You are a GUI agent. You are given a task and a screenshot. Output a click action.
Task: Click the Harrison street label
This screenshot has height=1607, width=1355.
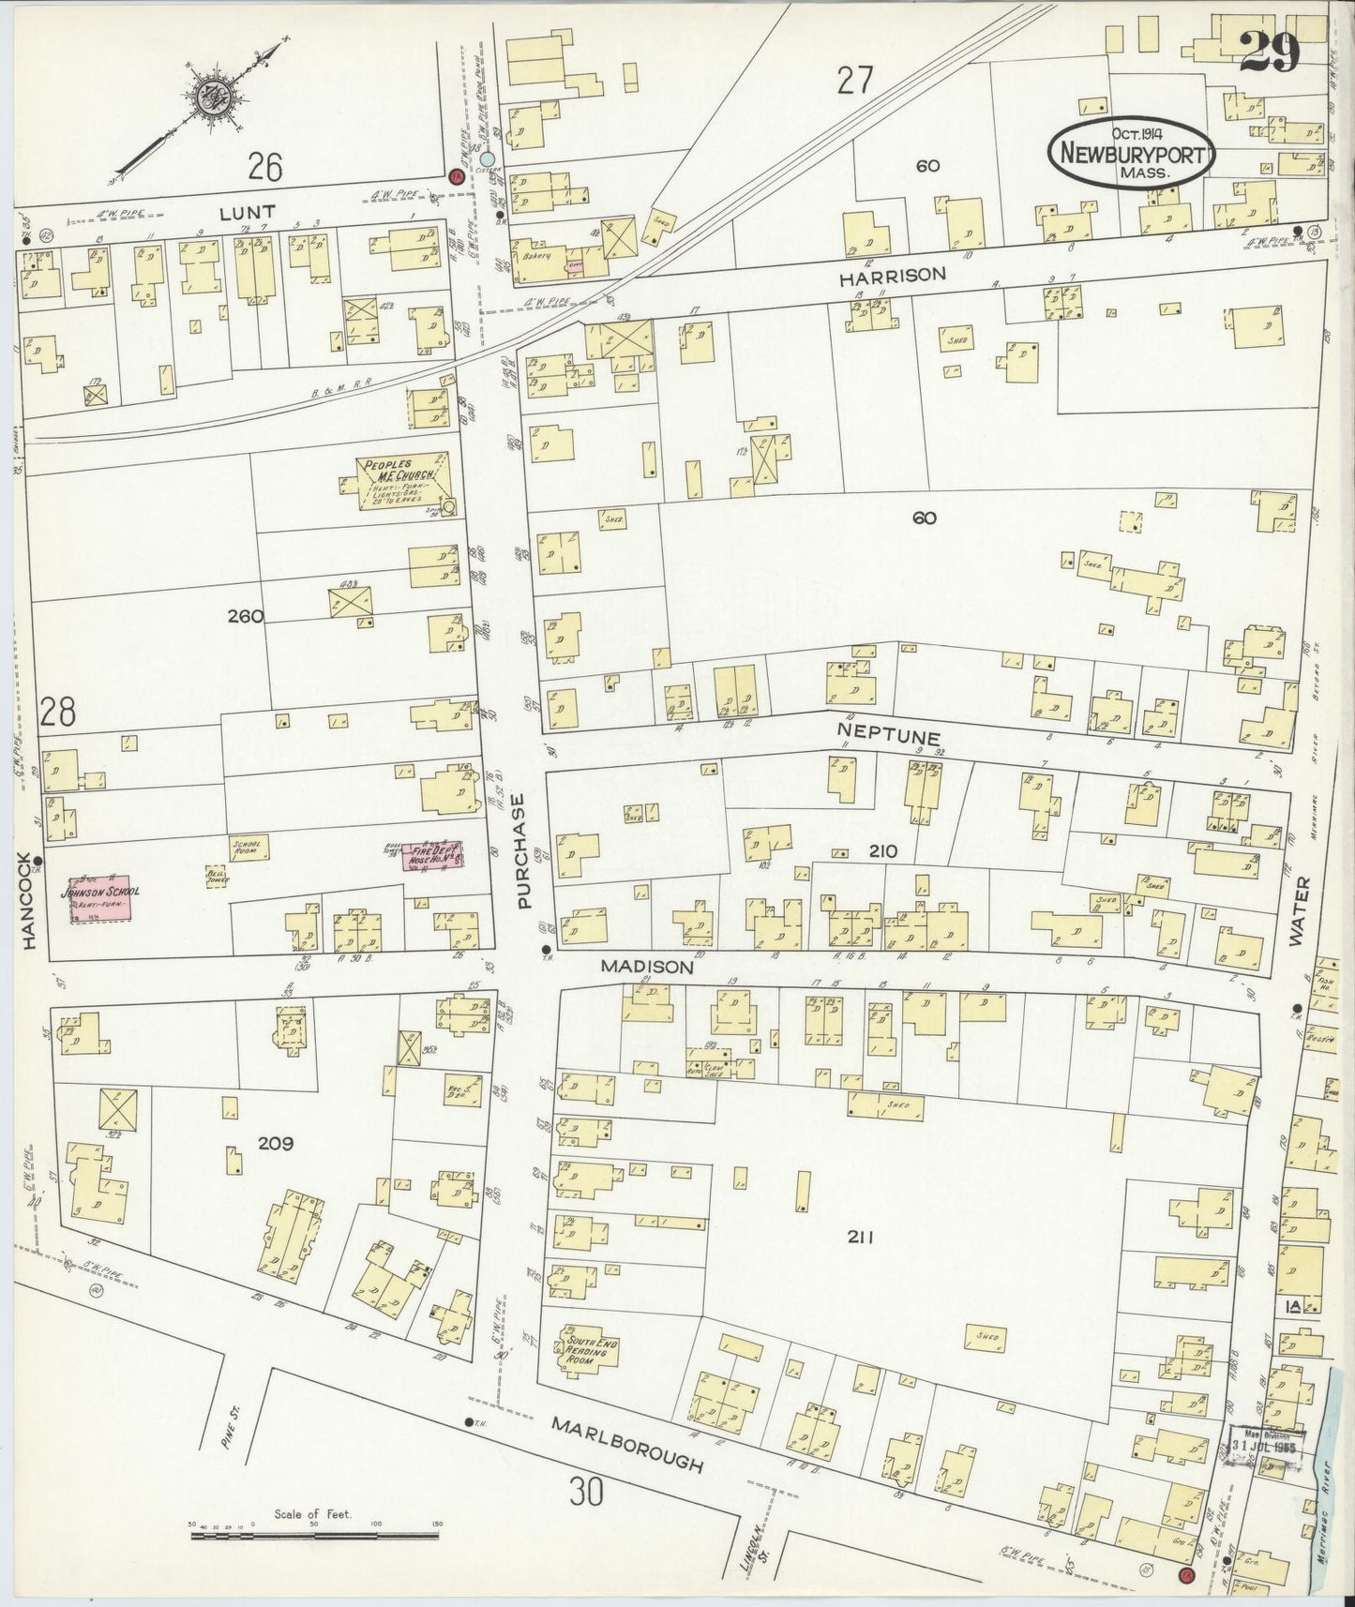point(892,276)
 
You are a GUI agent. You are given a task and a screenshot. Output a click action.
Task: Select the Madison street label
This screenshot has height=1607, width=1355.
point(647,966)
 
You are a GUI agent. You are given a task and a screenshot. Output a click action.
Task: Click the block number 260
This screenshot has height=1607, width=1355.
point(245,616)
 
